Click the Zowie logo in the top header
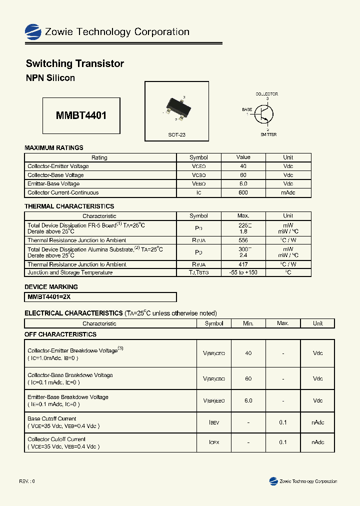point(33,31)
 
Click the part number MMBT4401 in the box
point(81,115)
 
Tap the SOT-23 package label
point(176,135)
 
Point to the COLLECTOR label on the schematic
point(266,94)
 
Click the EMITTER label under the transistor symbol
point(268,134)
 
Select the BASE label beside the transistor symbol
point(247,109)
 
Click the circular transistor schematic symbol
point(263,114)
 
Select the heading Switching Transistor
point(74,63)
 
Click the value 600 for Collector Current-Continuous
point(243,192)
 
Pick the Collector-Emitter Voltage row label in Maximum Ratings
point(58,166)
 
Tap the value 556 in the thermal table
point(243,240)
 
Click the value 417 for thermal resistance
point(243,264)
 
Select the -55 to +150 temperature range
point(243,272)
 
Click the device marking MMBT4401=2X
point(49,297)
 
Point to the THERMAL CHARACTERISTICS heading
point(69,206)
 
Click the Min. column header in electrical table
point(248,323)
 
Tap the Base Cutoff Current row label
point(52,418)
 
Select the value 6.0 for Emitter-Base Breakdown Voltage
point(248,400)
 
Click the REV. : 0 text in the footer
point(27,481)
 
